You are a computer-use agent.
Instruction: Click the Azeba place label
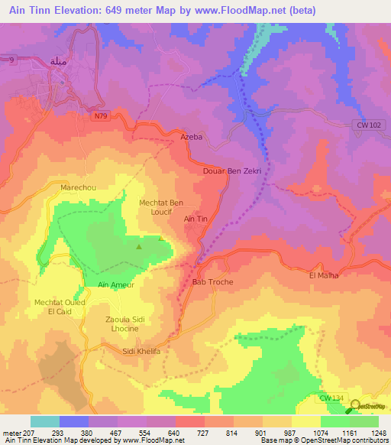192,137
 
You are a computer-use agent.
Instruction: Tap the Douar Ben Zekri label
233,171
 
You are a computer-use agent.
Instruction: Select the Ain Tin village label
196,219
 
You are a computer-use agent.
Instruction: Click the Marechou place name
77,186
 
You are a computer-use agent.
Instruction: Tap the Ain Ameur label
116,284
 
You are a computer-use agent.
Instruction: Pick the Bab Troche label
212,282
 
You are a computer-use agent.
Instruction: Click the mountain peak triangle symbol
138,247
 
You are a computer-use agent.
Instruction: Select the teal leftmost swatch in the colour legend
45,421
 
